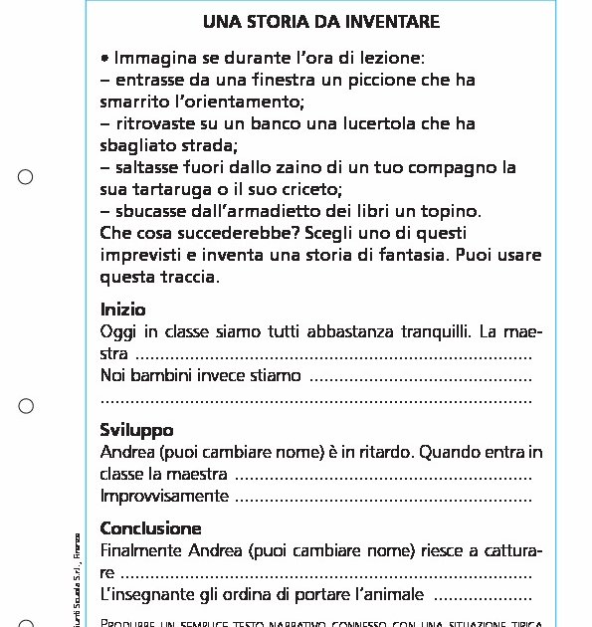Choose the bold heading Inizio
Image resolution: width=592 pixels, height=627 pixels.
(122, 309)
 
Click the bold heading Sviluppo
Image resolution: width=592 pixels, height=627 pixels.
(136, 430)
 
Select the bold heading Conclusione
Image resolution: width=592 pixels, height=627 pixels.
(150, 528)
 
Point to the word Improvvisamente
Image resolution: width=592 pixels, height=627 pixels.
(164, 496)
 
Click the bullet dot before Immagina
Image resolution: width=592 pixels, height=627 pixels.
(104, 58)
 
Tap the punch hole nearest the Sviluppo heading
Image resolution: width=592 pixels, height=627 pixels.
(26, 406)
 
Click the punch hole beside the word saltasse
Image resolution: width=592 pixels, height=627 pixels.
(26, 177)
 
